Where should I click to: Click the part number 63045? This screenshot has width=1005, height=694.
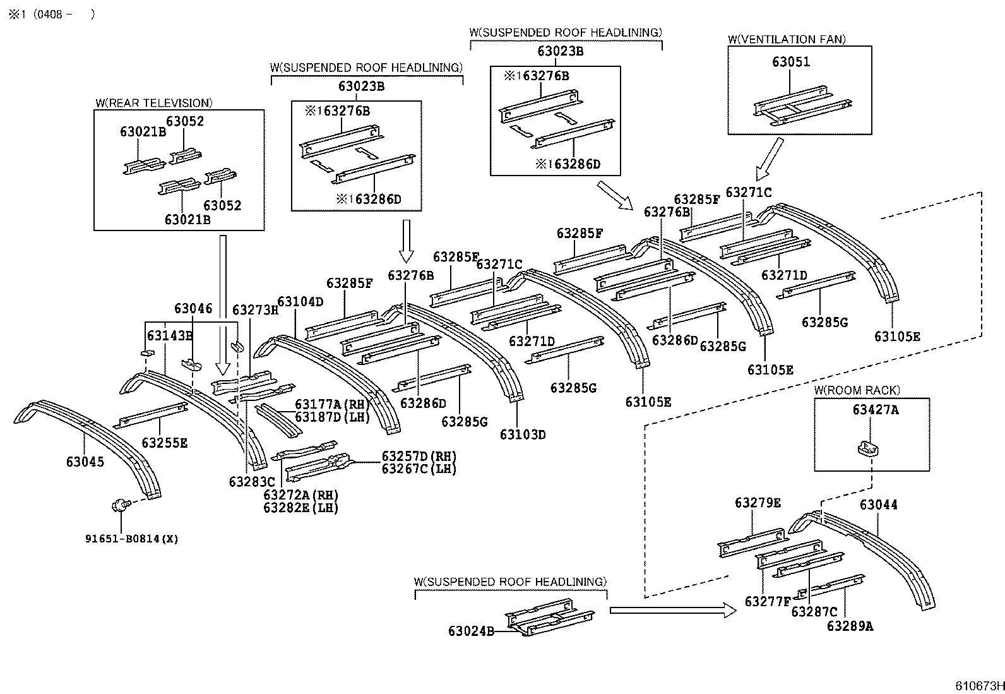85,462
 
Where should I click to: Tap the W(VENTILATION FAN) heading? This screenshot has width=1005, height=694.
786,39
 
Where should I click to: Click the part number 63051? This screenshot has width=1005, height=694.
790,62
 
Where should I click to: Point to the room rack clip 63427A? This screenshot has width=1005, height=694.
869,447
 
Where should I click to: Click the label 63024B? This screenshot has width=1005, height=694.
471,631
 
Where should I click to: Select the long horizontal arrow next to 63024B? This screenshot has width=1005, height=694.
672,610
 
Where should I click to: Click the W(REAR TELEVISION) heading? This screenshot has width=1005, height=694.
153,103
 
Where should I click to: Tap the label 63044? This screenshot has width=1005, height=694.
878,505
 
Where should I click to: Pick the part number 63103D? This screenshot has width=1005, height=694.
523,434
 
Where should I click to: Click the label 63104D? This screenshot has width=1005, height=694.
300,302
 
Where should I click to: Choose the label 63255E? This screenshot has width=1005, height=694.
164,443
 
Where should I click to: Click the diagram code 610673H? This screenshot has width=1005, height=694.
978,686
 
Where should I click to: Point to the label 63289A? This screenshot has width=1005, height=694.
850,626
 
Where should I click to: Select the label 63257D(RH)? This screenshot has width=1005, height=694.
419,457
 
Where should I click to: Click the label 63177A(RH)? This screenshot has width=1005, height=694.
332,405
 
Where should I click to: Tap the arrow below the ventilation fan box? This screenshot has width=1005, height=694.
770,159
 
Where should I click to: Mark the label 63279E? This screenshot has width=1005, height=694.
758,503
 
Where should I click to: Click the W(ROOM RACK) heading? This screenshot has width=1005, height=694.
857,390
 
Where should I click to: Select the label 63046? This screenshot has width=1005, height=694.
193,308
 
